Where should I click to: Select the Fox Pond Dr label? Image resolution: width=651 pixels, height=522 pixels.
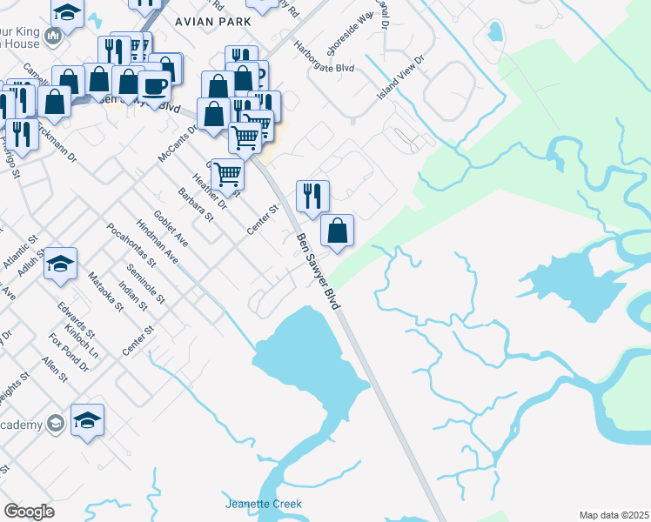pos(70,352)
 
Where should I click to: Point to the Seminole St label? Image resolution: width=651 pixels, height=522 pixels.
pos(145,282)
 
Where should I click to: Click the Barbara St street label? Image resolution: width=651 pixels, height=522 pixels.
pos(196,204)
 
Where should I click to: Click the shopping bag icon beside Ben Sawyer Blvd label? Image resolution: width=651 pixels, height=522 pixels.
pos(337,231)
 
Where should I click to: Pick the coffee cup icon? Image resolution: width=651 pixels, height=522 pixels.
pos(155,87)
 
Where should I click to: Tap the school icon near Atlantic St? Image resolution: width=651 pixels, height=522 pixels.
pos(61,264)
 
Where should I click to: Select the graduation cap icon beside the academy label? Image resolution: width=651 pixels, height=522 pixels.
pos(88,420)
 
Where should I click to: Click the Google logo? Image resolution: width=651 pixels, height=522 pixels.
pos(29,512)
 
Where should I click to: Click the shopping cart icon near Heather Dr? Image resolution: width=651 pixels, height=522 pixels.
pos(228,172)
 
